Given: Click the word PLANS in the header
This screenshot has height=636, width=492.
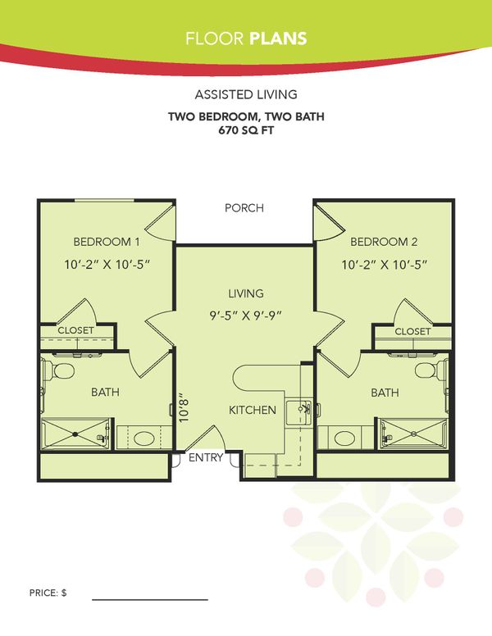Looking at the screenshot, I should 280,38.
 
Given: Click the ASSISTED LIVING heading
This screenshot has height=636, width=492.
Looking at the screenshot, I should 246,94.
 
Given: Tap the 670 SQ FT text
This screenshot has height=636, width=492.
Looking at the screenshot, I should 246,129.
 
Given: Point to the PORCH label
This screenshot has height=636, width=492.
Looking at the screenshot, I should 244,208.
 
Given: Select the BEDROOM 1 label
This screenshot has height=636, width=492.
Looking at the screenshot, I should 107,242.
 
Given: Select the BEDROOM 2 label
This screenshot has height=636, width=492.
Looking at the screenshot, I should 384,242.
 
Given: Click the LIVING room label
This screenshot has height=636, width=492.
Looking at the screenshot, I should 246,293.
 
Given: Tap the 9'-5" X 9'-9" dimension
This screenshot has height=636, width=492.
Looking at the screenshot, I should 246,312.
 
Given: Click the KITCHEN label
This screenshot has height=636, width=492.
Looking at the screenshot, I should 252,410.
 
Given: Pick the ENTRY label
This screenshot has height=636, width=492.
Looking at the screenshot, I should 206,458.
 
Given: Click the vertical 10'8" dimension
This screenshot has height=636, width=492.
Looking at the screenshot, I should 184,407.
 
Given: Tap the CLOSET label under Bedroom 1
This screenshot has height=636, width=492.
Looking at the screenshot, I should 75,330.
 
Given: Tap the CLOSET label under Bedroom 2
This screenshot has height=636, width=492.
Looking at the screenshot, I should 412,331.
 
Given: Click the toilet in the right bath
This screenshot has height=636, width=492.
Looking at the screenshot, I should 426,370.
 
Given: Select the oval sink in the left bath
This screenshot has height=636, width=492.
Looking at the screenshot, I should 144,437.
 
